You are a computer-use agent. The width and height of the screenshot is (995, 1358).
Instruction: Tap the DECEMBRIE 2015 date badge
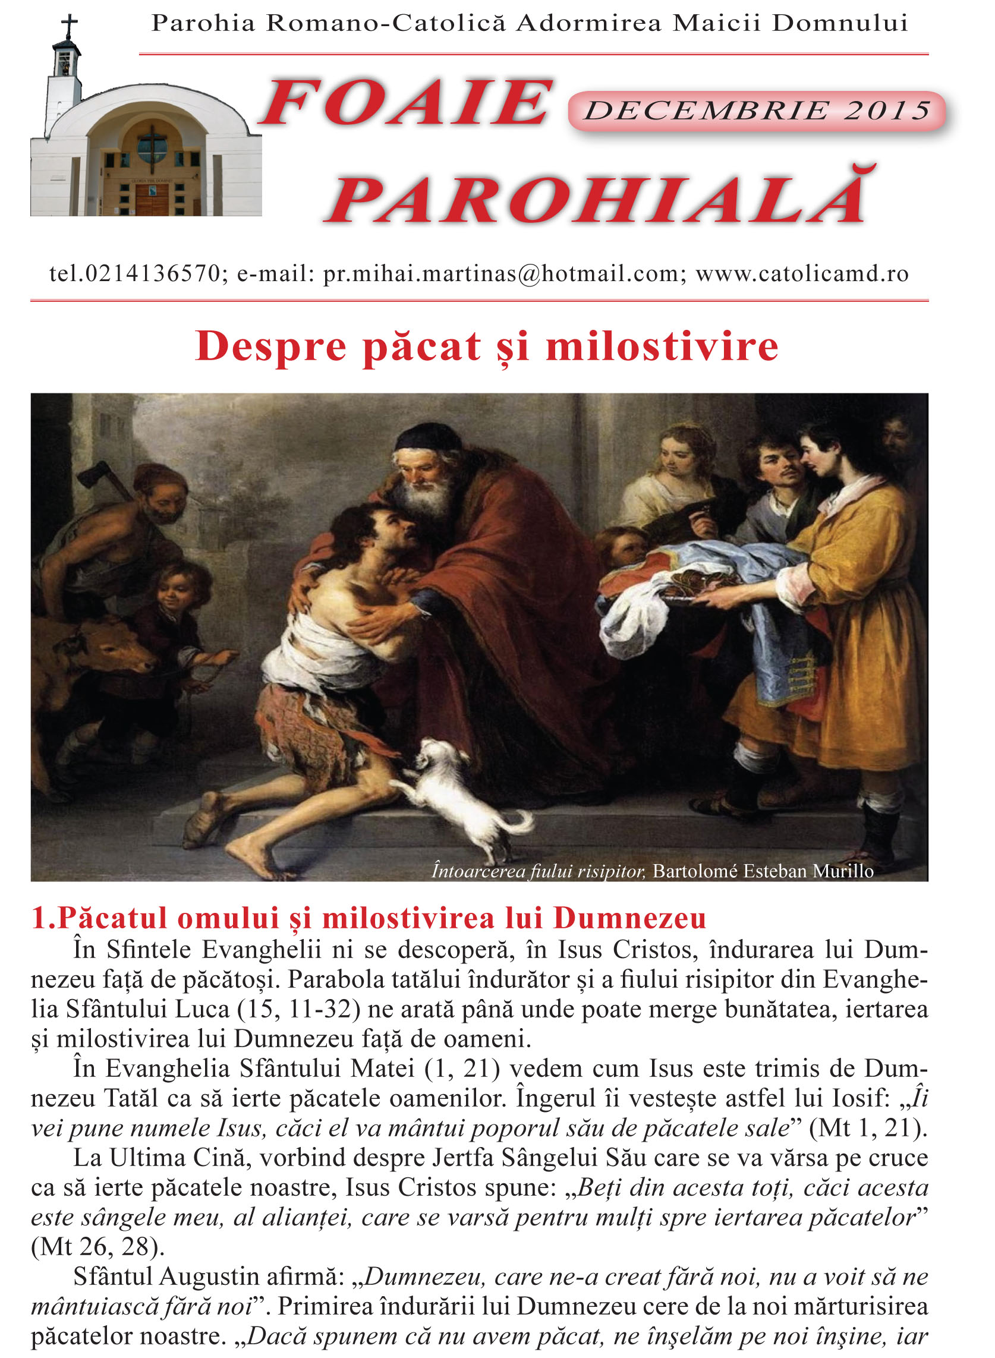coord(757,111)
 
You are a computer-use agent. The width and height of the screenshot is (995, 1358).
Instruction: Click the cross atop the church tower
coord(70,27)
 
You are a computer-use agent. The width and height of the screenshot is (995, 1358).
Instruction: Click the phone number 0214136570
coord(153,274)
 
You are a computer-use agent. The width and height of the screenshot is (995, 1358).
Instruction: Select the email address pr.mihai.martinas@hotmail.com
coord(501,274)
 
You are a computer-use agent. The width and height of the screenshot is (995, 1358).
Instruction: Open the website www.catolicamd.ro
coord(802,274)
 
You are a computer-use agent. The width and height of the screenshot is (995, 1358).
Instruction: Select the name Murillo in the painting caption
coord(843,871)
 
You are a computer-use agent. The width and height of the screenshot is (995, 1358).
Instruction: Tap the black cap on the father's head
coord(424,437)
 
